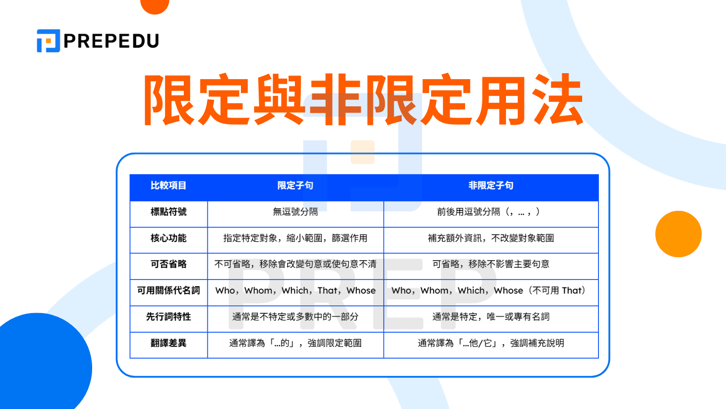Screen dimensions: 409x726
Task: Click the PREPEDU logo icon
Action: pyautogui.click(x=48, y=41)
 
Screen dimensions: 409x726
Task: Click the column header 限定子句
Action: pyautogui.click(x=295, y=185)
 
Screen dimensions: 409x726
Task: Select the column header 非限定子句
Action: pyautogui.click(x=491, y=185)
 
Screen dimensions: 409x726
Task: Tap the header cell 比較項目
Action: pyautogui.click(x=168, y=185)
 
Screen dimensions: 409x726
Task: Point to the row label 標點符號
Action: pyautogui.click(x=168, y=212)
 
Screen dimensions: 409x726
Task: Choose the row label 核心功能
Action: pyautogui.click(x=168, y=238)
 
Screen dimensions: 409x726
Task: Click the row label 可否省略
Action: pyautogui.click(x=168, y=264)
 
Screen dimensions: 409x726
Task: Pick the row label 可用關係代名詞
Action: pyautogui.click(x=168, y=290)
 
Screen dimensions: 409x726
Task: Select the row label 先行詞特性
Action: pyautogui.click(x=168, y=317)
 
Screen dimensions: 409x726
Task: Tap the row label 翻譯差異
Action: pyautogui.click(x=168, y=343)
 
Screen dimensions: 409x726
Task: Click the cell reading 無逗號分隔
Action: pyautogui.click(x=295, y=212)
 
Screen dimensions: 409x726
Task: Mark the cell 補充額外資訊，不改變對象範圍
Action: pyautogui.click(x=491, y=238)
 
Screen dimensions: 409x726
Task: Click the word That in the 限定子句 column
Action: pyautogui.click(x=328, y=290)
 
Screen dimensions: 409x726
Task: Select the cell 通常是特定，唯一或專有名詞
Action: pyautogui.click(x=491, y=317)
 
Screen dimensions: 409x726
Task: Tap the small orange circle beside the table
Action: pyautogui.click(x=678, y=234)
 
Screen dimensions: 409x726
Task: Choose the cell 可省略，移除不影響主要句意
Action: pyautogui.click(x=491, y=264)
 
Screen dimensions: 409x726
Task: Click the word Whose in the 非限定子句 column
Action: pyautogui.click(x=508, y=290)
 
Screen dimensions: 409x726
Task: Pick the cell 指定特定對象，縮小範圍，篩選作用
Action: pyautogui.click(x=295, y=238)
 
